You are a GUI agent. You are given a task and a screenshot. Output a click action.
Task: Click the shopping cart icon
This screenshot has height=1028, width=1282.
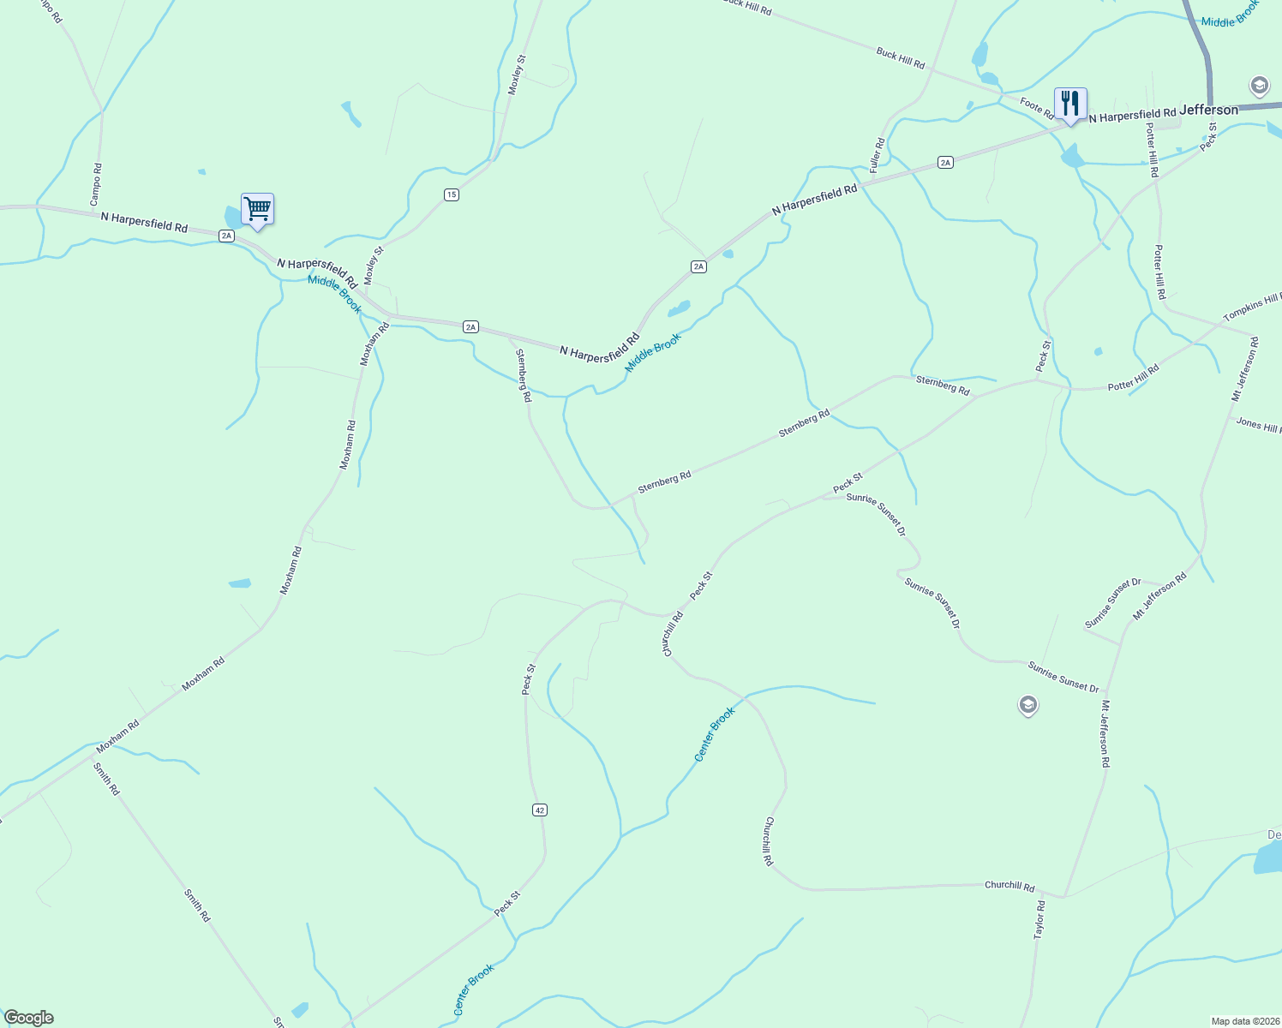pyautogui.click(x=257, y=208)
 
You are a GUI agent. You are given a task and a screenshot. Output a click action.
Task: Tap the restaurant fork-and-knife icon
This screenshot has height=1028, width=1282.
pyautogui.click(x=1070, y=104)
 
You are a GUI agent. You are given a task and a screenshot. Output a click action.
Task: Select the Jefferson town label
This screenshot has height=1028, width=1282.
pyautogui.click(x=1208, y=110)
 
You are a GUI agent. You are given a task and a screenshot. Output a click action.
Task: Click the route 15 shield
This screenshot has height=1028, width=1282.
pyautogui.click(x=452, y=194)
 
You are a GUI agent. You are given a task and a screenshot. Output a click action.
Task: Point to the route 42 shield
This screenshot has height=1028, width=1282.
pyautogui.click(x=539, y=810)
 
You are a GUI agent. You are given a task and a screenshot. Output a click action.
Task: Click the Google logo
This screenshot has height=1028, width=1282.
pyautogui.click(x=29, y=1018)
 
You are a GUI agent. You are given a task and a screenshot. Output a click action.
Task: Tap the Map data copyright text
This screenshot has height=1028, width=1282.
pyautogui.click(x=1244, y=1021)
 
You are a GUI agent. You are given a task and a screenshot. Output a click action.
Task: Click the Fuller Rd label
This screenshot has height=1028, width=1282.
pyautogui.click(x=877, y=155)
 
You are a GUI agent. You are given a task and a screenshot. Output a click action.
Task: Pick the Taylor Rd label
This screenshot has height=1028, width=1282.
pyautogui.click(x=1039, y=919)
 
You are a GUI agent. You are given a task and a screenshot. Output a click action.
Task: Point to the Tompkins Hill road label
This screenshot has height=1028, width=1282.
pyautogui.click(x=1252, y=307)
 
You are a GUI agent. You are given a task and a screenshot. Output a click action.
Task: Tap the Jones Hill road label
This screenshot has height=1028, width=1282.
pyautogui.click(x=1258, y=424)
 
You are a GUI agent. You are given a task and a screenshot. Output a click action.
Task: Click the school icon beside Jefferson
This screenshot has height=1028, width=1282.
pyautogui.click(x=1259, y=86)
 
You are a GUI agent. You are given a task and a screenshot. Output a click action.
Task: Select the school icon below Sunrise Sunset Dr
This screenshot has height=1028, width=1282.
pyautogui.click(x=1027, y=705)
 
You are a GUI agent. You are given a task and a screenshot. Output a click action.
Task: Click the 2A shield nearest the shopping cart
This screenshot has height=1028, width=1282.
pyautogui.click(x=226, y=236)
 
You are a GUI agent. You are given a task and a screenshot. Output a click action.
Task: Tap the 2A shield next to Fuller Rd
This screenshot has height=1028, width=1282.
pyautogui.click(x=945, y=162)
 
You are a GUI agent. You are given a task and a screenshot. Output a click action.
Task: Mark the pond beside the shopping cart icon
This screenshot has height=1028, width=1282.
pyautogui.click(x=232, y=218)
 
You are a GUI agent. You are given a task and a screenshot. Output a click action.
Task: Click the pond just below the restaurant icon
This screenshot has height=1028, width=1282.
pyautogui.click(x=1071, y=157)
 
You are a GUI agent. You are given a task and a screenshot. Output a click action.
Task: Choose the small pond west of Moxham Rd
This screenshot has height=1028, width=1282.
pyautogui.click(x=240, y=583)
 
